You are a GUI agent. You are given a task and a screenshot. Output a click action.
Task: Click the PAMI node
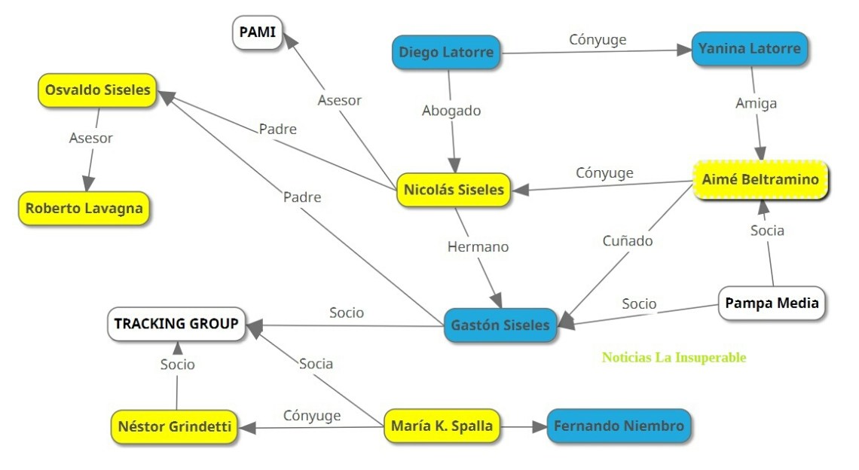coord(258,33)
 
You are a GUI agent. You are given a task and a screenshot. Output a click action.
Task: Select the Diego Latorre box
coord(446,53)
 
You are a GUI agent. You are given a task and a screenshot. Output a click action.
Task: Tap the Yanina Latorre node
coord(750,50)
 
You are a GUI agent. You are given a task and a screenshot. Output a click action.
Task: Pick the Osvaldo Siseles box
coord(97,90)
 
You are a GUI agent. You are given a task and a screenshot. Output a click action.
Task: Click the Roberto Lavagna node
coord(84,209)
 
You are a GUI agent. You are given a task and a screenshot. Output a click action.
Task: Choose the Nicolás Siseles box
coord(453,190)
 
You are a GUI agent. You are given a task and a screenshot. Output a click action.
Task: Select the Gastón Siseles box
coord(500,325)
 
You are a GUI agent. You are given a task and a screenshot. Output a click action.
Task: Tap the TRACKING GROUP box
coord(176,324)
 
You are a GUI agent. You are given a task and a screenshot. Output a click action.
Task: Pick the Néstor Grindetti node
coord(174,427)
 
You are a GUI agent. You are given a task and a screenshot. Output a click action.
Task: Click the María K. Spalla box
coord(442,426)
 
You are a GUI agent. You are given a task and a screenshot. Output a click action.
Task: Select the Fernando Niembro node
coord(619,426)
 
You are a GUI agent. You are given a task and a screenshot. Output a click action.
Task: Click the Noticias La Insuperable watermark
coord(674,358)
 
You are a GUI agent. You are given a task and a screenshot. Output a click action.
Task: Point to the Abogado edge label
coord(451,111)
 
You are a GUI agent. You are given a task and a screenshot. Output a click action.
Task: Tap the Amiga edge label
coord(756,104)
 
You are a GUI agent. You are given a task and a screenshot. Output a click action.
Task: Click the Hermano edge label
coord(478,246)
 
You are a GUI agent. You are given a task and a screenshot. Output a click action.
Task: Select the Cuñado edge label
coord(628,241)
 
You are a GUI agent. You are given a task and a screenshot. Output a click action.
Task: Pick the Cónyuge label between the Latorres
coord(598,40)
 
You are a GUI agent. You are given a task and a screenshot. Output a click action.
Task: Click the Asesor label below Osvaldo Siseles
coord(91,138)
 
